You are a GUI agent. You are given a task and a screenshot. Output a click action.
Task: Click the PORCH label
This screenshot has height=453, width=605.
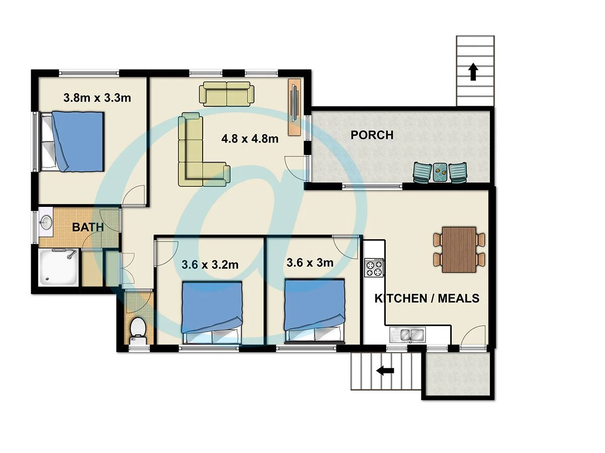[x=372, y=135]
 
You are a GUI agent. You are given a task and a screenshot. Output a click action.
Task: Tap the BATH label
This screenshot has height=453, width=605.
[x=88, y=227]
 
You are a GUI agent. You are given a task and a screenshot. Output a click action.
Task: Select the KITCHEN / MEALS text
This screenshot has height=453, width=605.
[x=427, y=298]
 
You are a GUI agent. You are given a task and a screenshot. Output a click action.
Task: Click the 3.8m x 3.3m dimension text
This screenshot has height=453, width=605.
[x=97, y=98]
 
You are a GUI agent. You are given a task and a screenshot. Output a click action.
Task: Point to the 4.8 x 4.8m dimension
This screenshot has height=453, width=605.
[x=250, y=138]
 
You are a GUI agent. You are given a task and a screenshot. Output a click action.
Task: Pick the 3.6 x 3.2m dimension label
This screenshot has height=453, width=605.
[x=210, y=264]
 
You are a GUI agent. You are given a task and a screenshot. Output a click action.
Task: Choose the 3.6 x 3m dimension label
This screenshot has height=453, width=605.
[x=310, y=262]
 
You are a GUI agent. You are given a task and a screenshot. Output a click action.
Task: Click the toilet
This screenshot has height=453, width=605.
[x=138, y=329]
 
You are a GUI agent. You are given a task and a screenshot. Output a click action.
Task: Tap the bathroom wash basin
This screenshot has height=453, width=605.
[x=46, y=222]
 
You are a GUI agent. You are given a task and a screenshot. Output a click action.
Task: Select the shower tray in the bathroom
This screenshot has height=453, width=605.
[x=56, y=267]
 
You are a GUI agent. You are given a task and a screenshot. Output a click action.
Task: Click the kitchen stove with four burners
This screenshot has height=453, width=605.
[x=374, y=267]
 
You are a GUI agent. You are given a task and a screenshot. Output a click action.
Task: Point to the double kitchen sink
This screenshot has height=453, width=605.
[x=407, y=334]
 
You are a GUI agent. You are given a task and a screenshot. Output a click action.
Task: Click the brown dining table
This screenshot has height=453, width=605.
[x=459, y=249]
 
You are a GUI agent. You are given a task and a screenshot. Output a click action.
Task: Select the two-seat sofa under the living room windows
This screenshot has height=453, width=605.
[x=227, y=94]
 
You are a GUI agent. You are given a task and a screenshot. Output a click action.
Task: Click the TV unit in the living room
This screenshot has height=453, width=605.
[x=295, y=107]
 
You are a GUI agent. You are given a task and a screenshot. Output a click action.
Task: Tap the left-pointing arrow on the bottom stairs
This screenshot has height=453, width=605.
[x=386, y=371]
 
